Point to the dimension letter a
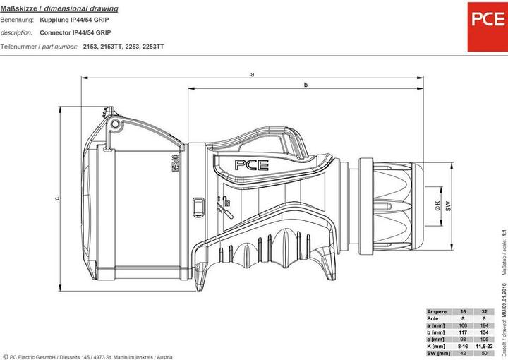pos(252,73)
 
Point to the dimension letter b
pos(306,85)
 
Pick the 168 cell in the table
pos(464,325)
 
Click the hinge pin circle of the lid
pos(115,124)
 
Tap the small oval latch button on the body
pos(198,205)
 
